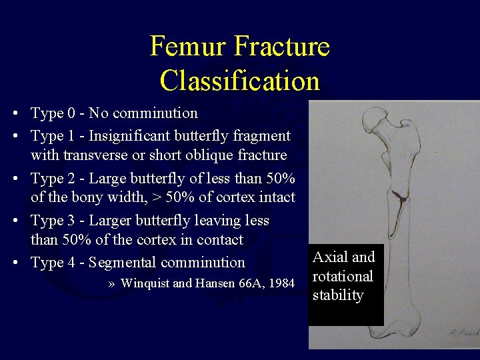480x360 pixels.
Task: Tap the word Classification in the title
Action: pyautogui.click(x=240, y=81)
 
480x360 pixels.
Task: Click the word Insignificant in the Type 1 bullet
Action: pyautogui.click(x=130, y=137)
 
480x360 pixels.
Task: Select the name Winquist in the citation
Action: pyautogui.click(x=145, y=283)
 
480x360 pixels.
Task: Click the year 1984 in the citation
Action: pyautogui.click(x=281, y=283)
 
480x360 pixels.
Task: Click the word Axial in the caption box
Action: pyautogui.click(x=328, y=257)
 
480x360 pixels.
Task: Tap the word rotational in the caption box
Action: pyautogui.click(x=343, y=277)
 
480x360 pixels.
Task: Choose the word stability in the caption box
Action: pyautogui.click(x=338, y=295)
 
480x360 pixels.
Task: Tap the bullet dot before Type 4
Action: pyautogui.click(x=14, y=263)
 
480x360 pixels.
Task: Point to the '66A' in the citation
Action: pyautogui.click(x=247, y=283)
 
